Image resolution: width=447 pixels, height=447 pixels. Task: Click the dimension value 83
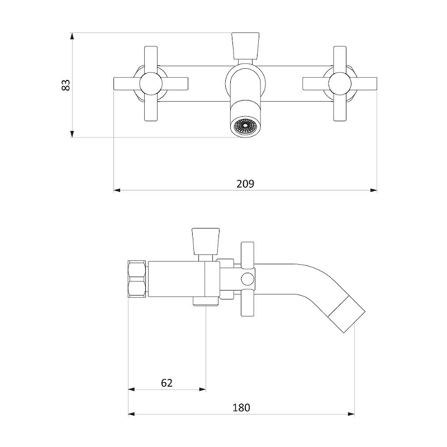click(65, 85)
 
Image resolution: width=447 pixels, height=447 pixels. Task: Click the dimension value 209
click(245, 184)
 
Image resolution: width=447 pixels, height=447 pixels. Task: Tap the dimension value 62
click(167, 383)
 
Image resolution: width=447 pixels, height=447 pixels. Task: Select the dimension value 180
click(241, 408)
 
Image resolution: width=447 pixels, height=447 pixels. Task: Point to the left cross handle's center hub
click(151, 84)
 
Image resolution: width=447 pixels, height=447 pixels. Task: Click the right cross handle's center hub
click(340, 84)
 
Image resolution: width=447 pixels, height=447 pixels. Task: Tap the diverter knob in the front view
click(245, 46)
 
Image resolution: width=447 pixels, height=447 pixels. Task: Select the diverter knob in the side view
click(206, 241)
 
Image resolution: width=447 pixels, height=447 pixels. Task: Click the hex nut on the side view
click(137, 279)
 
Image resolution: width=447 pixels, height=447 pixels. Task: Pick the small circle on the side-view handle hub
click(248, 279)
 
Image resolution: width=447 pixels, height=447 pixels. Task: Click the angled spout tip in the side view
click(346, 315)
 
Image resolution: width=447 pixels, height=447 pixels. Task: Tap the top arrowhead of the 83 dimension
click(72, 36)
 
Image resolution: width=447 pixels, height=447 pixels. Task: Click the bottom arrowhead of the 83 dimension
click(72, 134)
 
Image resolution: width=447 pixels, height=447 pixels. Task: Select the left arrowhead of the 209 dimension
click(117, 190)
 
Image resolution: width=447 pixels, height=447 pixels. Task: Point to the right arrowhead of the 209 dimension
click(373, 190)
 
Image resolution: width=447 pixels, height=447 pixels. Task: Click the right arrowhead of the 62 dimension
click(202, 389)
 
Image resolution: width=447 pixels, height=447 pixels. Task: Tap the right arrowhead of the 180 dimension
click(351, 414)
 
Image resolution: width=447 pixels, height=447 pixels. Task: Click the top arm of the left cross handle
click(151, 59)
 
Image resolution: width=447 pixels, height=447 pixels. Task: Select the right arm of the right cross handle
click(364, 84)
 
